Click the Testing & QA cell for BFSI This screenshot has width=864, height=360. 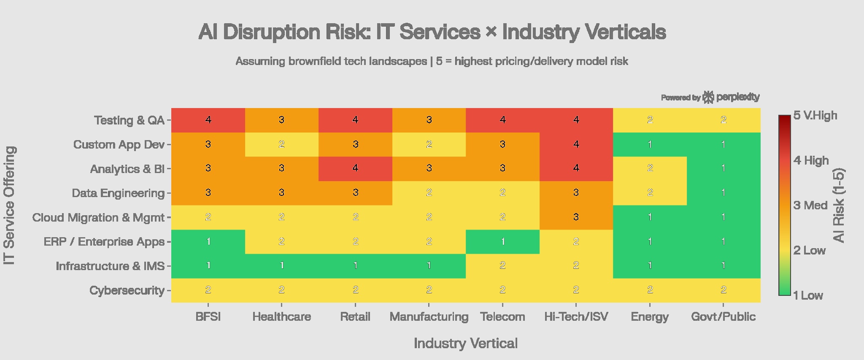click(x=208, y=120)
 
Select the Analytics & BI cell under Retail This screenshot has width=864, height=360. click(x=355, y=168)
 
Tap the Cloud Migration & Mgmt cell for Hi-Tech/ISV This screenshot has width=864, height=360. click(x=576, y=217)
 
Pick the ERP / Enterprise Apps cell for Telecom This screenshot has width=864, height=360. click(x=502, y=241)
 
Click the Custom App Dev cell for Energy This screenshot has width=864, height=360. click(x=650, y=144)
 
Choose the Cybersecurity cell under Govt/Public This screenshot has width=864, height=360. click(x=723, y=290)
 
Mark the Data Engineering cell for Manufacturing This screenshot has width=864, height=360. click(x=429, y=193)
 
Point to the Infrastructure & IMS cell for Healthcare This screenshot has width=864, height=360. click(x=281, y=266)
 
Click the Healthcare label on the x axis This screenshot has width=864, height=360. click(x=281, y=317)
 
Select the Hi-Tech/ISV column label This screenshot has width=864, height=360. click(x=576, y=317)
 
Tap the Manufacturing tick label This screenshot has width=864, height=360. click(x=429, y=317)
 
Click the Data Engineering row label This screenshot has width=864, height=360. click(x=118, y=193)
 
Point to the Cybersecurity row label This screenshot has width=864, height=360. click(x=127, y=290)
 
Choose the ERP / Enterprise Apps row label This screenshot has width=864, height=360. click(x=104, y=242)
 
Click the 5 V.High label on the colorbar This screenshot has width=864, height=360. click(x=815, y=115)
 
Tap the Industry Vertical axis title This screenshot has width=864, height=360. click(x=465, y=343)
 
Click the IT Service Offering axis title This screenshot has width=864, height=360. click(x=10, y=206)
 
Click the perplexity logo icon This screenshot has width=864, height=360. click(x=708, y=97)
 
